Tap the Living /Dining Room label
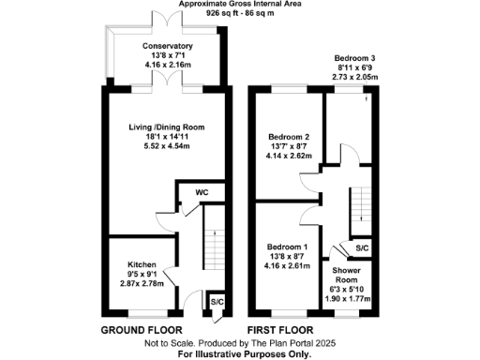[x=167, y=127]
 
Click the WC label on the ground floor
[x=202, y=193]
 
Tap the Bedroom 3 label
[x=357, y=58]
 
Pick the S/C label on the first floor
[x=362, y=248]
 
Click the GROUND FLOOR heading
[x=140, y=331]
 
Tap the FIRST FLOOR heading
[x=279, y=331]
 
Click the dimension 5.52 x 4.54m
[x=167, y=146]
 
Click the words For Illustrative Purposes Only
[x=241, y=354]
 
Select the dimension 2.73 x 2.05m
[x=357, y=77]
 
